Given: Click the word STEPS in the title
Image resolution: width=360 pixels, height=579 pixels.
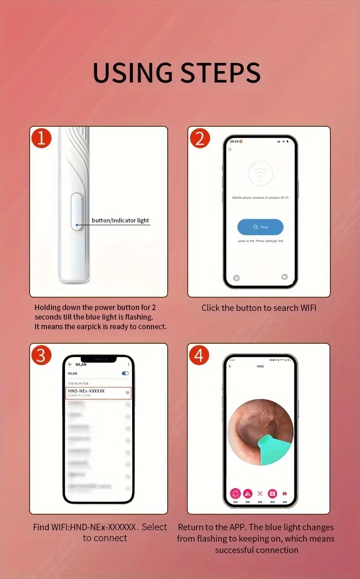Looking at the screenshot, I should pyautogui.click(x=221, y=72).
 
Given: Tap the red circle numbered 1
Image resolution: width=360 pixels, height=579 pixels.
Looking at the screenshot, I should pyautogui.click(x=41, y=138).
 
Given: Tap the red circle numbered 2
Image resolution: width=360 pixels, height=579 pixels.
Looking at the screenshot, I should pyautogui.click(x=200, y=138).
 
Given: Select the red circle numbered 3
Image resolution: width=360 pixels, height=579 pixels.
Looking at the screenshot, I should pyautogui.click(x=41, y=355).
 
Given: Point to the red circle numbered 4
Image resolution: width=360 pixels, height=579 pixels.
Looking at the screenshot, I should pyautogui.click(x=199, y=355).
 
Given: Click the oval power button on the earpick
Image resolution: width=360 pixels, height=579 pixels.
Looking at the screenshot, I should pyautogui.click(x=77, y=211).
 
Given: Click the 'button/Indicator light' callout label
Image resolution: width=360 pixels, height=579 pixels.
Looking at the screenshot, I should pyautogui.click(x=120, y=221).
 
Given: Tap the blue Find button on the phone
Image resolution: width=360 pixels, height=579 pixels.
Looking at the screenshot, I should pyautogui.click(x=260, y=227).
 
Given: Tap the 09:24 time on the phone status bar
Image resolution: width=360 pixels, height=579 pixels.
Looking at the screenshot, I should pyautogui.click(x=234, y=141).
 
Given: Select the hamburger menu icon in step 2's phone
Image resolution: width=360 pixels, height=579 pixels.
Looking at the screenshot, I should pyautogui.click(x=230, y=150).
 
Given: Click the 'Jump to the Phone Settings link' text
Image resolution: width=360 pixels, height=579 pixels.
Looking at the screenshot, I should pyautogui.click(x=260, y=241).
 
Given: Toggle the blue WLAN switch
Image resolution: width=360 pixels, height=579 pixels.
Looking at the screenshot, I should pyautogui.click(x=125, y=373).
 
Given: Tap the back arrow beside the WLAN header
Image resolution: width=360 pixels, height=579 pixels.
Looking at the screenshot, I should pyautogui.click(x=70, y=365).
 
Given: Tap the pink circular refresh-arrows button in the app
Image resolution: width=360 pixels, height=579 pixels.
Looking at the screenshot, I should pyautogui.click(x=235, y=493).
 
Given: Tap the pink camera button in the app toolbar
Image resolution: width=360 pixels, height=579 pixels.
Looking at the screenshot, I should pyautogui.click(x=273, y=493).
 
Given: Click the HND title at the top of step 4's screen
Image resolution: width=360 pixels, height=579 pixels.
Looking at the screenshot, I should pyautogui.click(x=260, y=366).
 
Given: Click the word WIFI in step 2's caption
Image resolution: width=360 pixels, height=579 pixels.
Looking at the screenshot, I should pyautogui.click(x=308, y=308).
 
